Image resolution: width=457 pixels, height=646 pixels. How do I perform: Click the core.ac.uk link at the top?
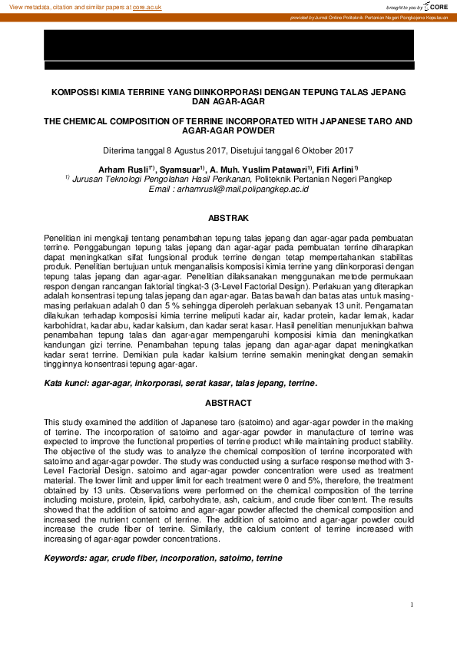tap(147, 6)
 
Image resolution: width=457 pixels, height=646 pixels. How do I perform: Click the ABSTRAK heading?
tap(228, 219)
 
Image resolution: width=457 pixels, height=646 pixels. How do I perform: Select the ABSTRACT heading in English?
tap(228, 403)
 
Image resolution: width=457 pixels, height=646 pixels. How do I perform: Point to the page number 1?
tap(412, 605)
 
